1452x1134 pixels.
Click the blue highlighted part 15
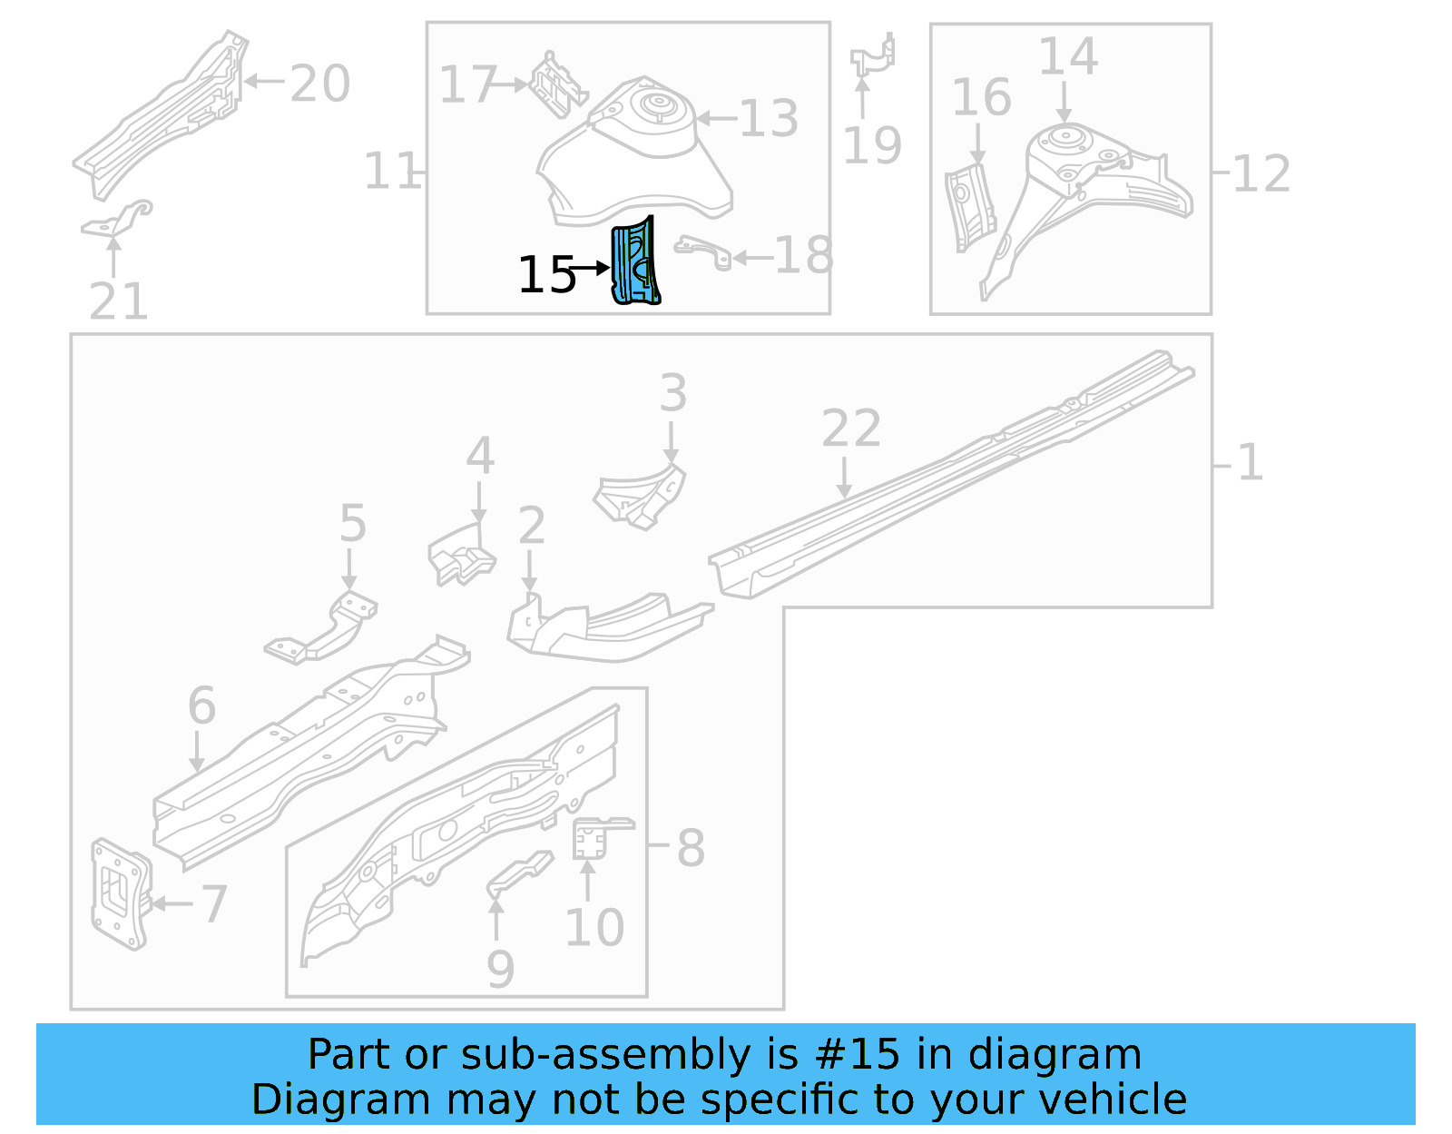[x=635, y=263]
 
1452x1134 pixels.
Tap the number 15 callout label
[x=546, y=274]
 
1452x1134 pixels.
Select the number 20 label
[x=319, y=84]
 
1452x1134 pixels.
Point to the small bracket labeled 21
[x=118, y=220]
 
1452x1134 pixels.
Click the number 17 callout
[x=468, y=84]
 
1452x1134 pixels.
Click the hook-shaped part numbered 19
[x=873, y=57]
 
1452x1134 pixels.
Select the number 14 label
[x=1067, y=56]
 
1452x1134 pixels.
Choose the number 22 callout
[x=850, y=428]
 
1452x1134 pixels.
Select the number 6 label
[x=201, y=705]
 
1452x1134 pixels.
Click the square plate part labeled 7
[x=119, y=894]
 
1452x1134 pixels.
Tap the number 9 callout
[x=500, y=969]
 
